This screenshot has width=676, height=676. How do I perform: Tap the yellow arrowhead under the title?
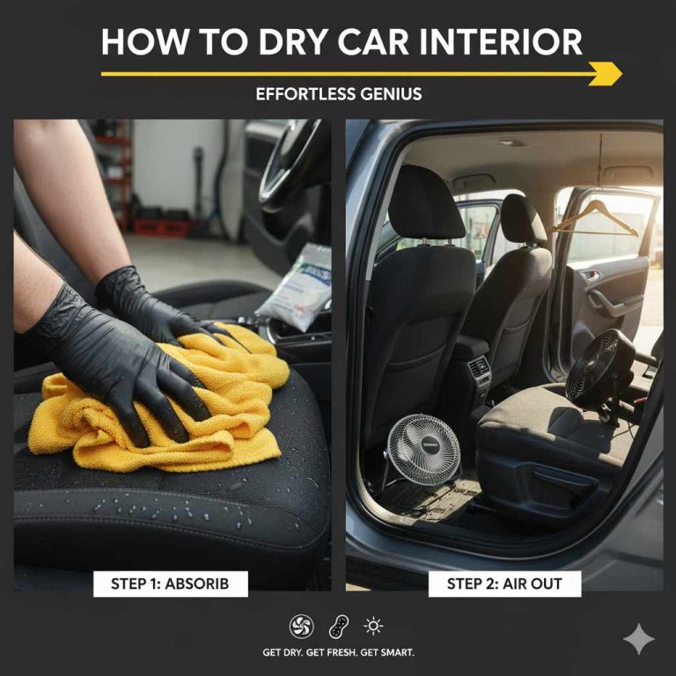click(x=606, y=75)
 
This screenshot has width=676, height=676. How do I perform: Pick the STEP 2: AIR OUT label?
click(x=504, y=583)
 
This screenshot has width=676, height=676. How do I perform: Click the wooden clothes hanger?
click(x=596, y=219)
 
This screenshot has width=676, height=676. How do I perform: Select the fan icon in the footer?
click(x=301, y=626)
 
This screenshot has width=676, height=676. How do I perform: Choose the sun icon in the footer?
click(x=374, y=626)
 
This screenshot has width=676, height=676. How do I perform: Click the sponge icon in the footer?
click(x=338, y=626)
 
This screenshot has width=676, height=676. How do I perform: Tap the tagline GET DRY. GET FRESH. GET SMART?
click(x=338, y=652)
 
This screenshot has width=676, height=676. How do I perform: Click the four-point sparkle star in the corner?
click(x=638, y=639)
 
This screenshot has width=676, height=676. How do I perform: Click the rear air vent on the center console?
click(x=479, y=369)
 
